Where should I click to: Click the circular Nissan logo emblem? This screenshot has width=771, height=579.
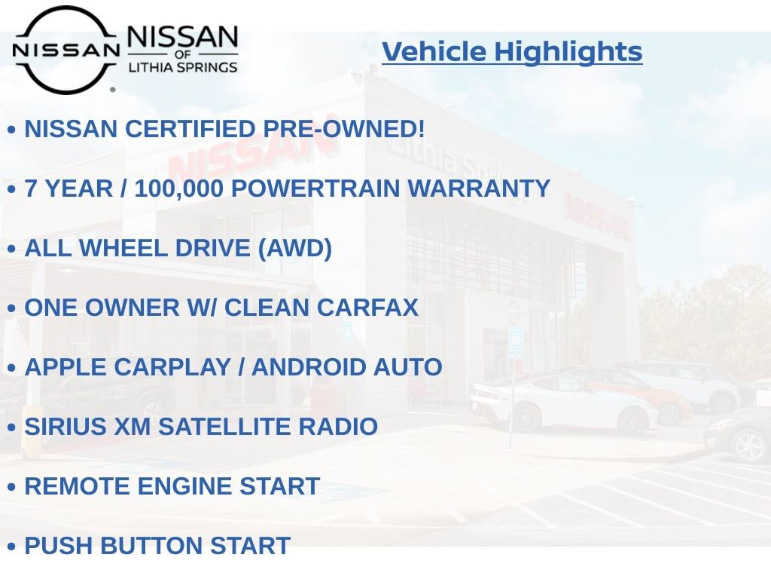tap(66, 50)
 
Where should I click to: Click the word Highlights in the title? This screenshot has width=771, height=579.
tap(568, 52)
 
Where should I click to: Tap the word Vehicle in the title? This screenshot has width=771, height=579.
tap(434, 52)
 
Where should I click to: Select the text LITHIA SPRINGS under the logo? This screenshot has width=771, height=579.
tap(182, 67)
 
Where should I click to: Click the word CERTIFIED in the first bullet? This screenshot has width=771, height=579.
tap(190, 129)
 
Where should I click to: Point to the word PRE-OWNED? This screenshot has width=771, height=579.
tap(344, 129)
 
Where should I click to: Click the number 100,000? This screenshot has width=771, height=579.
tap(178, 188)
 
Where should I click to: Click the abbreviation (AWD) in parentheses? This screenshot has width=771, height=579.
tap(294, 248)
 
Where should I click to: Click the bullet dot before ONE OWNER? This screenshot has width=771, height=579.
tap(11, 308)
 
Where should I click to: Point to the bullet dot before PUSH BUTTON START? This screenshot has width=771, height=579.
tap(11, 547)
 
